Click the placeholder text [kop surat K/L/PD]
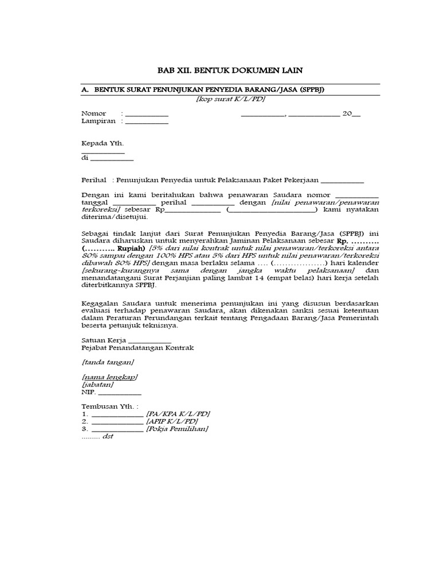230,99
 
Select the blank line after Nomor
147,114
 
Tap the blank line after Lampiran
147,122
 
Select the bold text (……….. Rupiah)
113,249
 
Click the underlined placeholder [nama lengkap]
109,377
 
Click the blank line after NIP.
120,393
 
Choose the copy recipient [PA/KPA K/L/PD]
178,413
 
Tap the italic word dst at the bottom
108,437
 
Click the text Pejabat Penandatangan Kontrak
137,347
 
